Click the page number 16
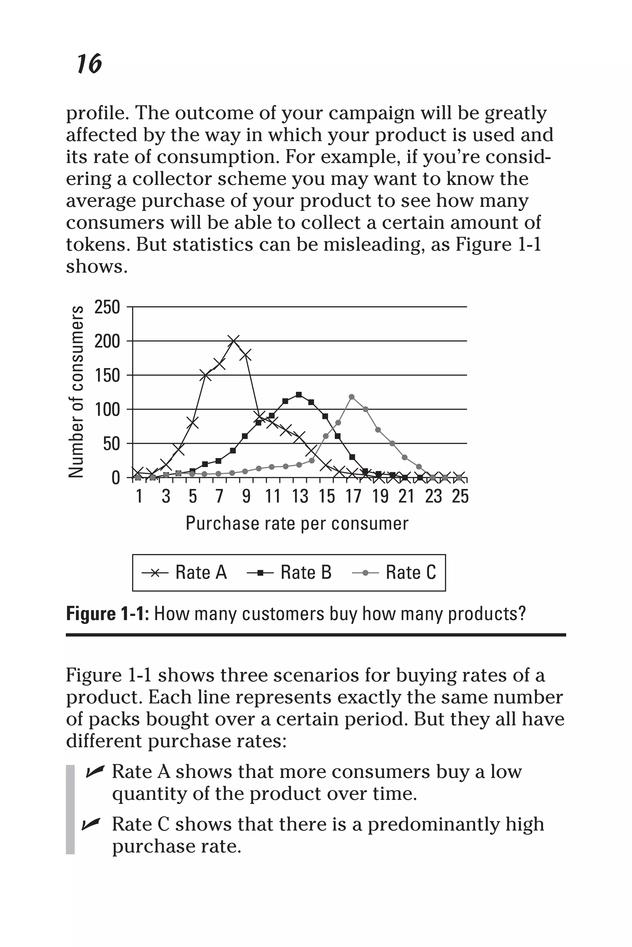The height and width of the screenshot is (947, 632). [89, 64]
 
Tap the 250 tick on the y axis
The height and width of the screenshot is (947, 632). [107, 307]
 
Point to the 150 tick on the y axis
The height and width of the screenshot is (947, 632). [107, 376]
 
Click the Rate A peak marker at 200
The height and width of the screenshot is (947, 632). [233, 341]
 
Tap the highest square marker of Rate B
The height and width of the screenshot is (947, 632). [299, 395]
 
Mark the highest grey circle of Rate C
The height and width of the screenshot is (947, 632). [351, 397]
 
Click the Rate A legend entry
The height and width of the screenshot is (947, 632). [185, 572]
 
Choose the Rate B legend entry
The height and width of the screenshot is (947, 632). [289, 572]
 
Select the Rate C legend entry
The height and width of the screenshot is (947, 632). [394, 572]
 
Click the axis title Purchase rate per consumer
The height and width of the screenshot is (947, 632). [297, 523]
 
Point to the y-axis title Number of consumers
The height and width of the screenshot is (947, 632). [76, 392]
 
